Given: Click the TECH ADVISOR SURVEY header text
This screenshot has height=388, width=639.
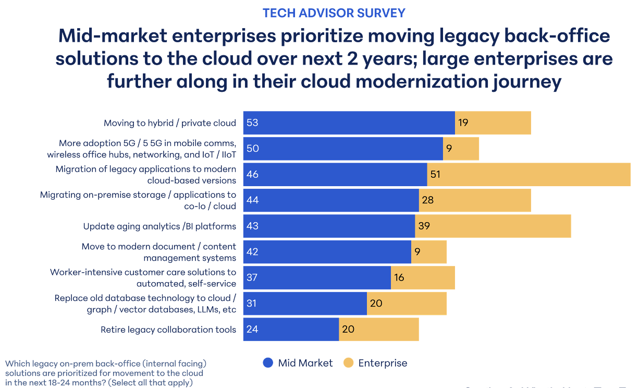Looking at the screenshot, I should (x=334, y=13).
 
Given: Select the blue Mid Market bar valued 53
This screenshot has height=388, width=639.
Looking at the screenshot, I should (x=349, y=123).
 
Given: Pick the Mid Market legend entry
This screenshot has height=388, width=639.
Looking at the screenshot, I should (x=298, y=363).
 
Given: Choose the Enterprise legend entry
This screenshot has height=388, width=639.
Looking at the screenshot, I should (x=376, y=363).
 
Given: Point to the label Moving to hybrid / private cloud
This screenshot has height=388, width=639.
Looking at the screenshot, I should (x=170, y=123).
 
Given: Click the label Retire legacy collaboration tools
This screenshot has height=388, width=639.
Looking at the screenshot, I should (x=168, y=330).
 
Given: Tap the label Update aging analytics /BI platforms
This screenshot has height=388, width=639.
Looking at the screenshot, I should (x=159, y=226).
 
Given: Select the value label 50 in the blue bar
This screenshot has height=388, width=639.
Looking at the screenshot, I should (x=253, y=149).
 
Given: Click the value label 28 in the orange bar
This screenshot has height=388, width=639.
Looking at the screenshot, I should (x=428, y=200).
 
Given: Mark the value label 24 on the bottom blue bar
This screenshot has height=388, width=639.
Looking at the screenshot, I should (x=252, y=330).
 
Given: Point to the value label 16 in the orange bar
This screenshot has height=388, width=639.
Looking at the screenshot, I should (x=399, y=277).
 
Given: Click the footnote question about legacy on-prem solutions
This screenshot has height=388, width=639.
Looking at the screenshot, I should (x=104, y=373).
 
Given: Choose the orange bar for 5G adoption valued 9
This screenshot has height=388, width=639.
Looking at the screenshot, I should (x=461, y=149).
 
